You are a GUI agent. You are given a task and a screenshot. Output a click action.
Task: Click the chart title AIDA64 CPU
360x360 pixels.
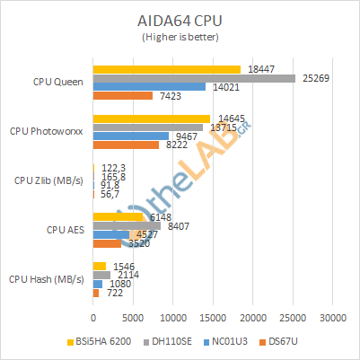(x=180, y=19)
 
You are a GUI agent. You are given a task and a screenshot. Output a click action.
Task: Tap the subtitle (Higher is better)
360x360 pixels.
(x=180, y=37)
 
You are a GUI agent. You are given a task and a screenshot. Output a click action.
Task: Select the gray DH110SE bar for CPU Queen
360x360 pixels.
(x=194, y=78)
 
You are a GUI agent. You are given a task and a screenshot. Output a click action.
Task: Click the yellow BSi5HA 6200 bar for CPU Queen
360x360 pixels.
(x=166, y=69)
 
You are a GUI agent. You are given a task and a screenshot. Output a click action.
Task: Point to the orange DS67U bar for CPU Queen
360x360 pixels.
(x=122, y=96)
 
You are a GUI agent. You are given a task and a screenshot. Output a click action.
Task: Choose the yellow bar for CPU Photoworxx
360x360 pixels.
(x=151, y=119)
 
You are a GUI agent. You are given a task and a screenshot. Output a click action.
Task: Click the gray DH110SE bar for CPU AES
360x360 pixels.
(x=126, y=226)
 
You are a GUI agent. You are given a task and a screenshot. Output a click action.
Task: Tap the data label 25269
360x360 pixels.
(x=314, y=78)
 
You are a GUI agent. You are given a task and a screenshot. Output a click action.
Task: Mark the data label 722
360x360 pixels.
(x=112, y=293)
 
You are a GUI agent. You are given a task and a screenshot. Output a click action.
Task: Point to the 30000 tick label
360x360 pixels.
(x=333, y=317)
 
